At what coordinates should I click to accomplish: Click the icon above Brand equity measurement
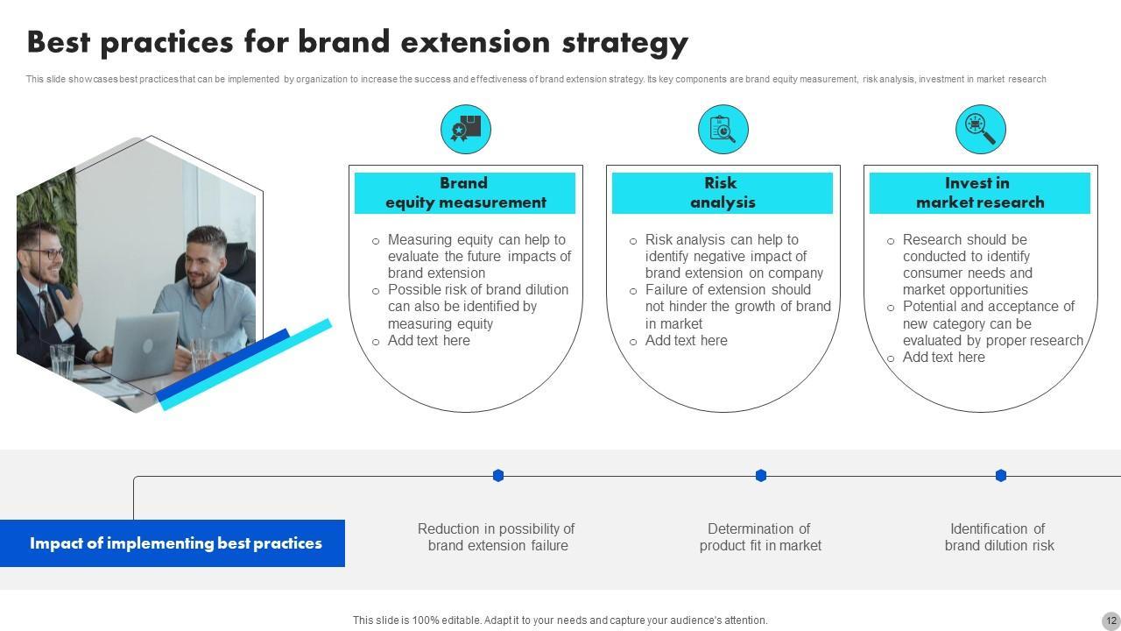coord(465,130)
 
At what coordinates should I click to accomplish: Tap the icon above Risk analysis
coord(723,130)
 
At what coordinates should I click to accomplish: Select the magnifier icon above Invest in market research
coord(980,130)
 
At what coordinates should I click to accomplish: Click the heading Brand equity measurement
coord(465,193)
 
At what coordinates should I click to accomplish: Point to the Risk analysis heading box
coord(723,193)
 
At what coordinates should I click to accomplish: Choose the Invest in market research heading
coord(980,193)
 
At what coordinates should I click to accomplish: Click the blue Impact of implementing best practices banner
coord(173,543)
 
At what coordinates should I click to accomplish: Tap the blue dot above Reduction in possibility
coord(498,475)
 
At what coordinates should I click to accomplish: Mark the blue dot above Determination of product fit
coord(761,475)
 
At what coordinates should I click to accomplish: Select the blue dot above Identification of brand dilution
coord(1001,475)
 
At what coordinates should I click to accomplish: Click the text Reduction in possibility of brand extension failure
coord(497,537)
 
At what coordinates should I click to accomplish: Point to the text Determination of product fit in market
coord(760,537)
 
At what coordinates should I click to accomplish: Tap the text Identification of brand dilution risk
coord(999,537)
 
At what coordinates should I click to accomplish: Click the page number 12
coord(1110,620)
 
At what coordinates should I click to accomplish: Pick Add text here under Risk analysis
coord(686,341)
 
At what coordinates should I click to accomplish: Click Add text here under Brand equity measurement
coord(428,341)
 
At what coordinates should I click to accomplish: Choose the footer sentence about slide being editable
coord(560,620)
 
